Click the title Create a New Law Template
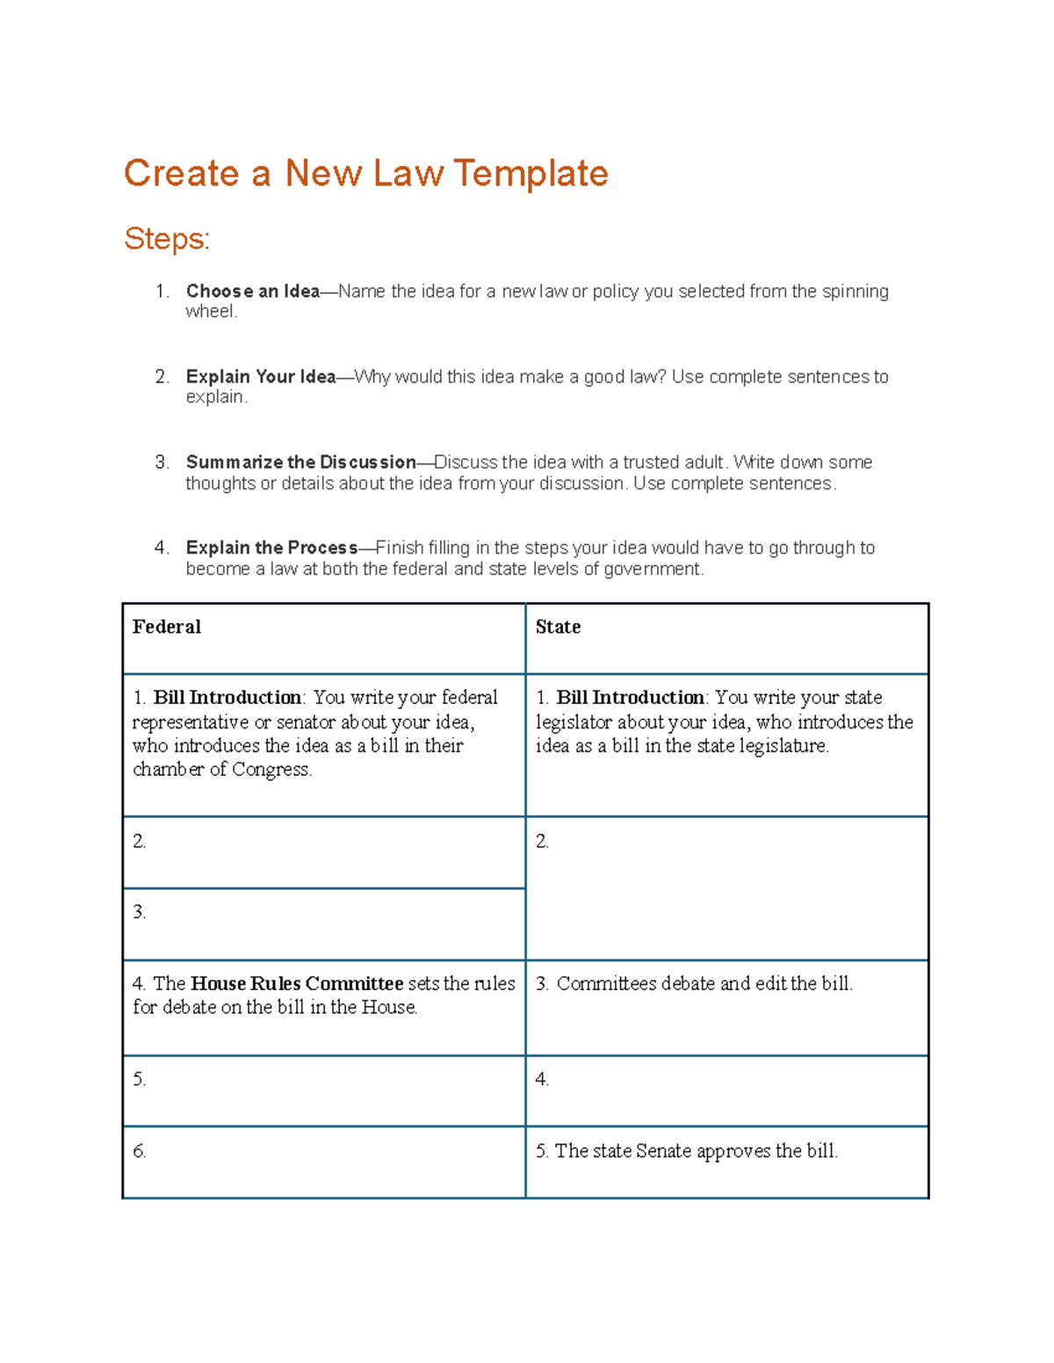[365, 173]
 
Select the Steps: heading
[167, 238]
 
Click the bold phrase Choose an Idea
[253, 291]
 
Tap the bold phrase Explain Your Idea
[261, 377]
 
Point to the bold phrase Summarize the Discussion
[300, 462]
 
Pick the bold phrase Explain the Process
[271, 548]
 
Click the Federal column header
[167, 627]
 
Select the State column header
[558, 627]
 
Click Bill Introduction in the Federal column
[227, 698]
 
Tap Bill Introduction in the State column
[630, 698]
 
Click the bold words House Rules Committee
[297, 984]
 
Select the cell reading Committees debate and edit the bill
[704, 984]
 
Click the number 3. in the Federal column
[139, 913]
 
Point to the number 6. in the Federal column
[139, 1151]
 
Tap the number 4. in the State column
[542, 1080]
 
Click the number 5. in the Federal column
[139, 1080]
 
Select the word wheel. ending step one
[211, 312]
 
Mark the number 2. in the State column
[542, 842]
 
